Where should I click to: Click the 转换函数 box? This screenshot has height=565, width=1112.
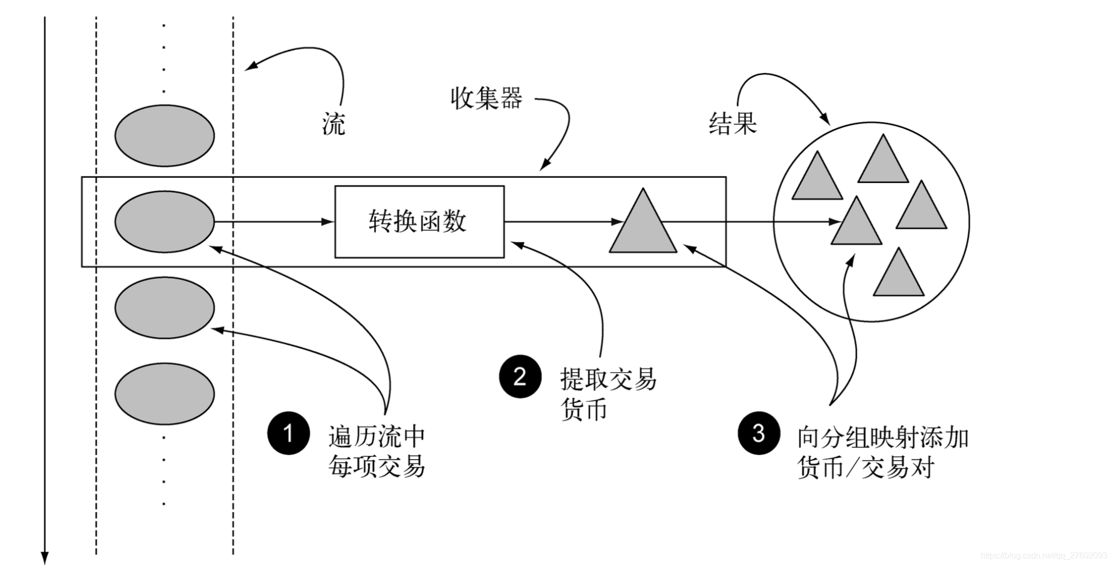coord(419,222)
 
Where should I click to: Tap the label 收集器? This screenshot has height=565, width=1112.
coord(486,98)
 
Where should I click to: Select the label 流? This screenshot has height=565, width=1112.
coord(333,124)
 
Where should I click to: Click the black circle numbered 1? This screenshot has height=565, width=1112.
coord(288,433)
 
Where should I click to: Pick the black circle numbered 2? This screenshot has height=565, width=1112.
coord(520,376)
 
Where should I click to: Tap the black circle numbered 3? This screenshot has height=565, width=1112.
coord(758,433)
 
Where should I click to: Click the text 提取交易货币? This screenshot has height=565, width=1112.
coord(608,394)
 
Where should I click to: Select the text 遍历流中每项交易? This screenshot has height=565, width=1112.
coord(377,451)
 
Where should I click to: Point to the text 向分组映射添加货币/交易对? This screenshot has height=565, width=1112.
coord(882,452)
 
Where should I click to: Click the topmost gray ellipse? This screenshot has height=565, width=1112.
coord(164,136)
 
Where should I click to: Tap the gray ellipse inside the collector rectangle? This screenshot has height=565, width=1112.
coord(164,222)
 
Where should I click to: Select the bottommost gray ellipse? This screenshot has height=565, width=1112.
coord(164,394)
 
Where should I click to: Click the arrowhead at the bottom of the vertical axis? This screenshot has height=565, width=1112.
coord(45,557)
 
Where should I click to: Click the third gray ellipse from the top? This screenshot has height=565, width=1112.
coord(164,308)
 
